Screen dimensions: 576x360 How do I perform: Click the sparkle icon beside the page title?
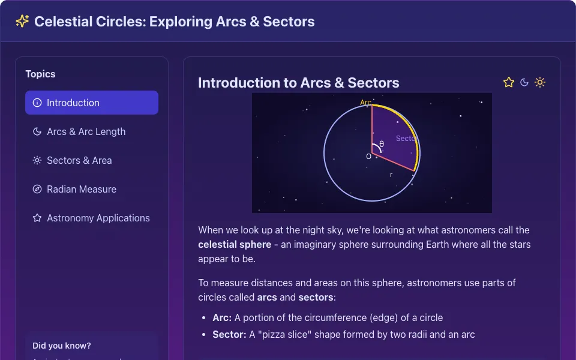[22, 22]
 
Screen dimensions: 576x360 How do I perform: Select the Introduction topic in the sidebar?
[92, 103]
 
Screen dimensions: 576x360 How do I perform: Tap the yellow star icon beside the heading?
[509, 82]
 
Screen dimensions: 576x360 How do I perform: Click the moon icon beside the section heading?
[524, 82]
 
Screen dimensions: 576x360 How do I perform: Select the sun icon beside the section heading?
[540, 82]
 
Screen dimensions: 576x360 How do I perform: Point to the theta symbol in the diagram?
[382, 144]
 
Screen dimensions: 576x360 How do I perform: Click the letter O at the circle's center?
[368, 157]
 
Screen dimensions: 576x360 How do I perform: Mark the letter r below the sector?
[391, 175]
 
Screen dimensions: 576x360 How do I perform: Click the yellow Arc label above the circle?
[365, 103]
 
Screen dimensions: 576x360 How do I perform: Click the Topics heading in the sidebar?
[40, 74]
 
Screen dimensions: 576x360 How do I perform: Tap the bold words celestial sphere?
[235, 244]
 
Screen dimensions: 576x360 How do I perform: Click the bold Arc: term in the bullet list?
[222, 317]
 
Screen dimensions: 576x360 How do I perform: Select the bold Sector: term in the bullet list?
[229, 334]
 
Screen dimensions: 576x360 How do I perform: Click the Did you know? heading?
[62, 346]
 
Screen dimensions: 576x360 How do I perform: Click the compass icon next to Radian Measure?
[37, 189]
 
